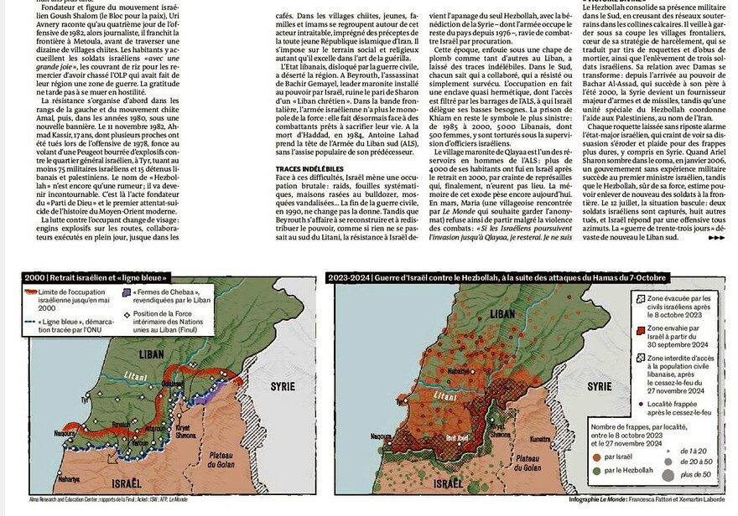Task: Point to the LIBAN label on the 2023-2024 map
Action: [501, 312]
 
